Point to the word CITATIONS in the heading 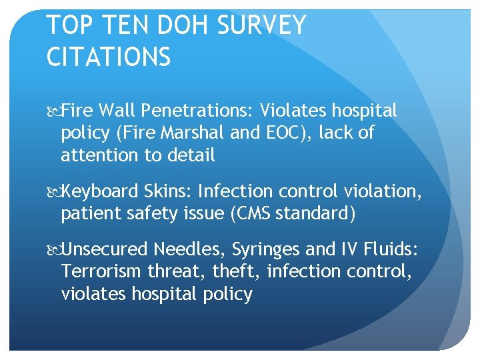109,57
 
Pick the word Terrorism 101,272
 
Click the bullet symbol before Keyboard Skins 53,193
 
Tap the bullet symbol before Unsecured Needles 53,250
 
